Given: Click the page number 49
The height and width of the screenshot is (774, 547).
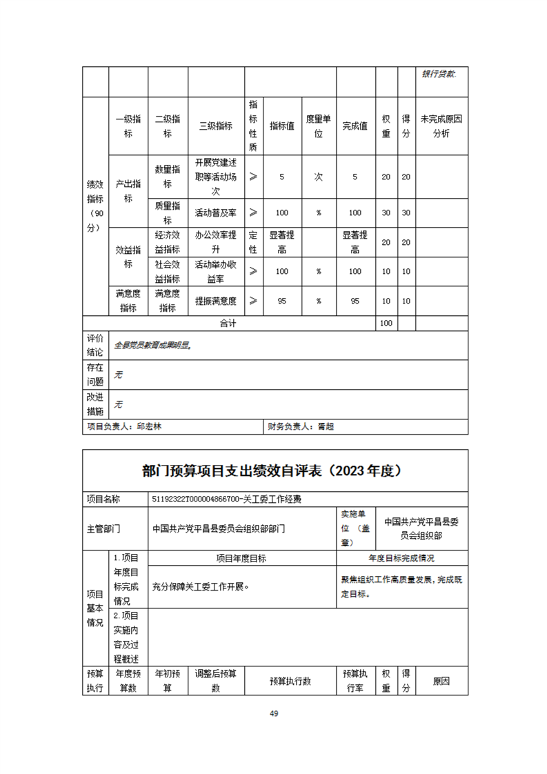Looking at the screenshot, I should pos(274,713).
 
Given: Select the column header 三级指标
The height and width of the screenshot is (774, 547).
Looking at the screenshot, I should pos(215,126).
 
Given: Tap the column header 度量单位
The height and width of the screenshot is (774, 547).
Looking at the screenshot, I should pos(318,126).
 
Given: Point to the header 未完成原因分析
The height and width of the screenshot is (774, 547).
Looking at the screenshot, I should pos(441,126).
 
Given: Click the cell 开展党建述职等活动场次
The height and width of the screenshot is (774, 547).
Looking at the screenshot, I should pos(215,177).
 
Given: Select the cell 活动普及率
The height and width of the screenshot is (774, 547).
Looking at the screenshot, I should pos(215,212).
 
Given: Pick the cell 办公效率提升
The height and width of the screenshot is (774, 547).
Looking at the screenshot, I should pos(215,242).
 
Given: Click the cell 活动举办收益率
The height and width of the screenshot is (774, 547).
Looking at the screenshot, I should pos(215,271).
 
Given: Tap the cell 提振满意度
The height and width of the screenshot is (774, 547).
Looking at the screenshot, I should pos(215,301).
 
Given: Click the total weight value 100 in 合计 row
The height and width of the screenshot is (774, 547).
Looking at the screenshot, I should pos(386,323).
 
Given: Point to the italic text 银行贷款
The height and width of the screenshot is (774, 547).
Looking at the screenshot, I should pos(439,73).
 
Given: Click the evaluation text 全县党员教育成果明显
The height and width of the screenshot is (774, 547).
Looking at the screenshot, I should pos(152,345).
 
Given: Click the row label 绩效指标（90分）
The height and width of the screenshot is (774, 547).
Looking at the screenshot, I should pos(95,206).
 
